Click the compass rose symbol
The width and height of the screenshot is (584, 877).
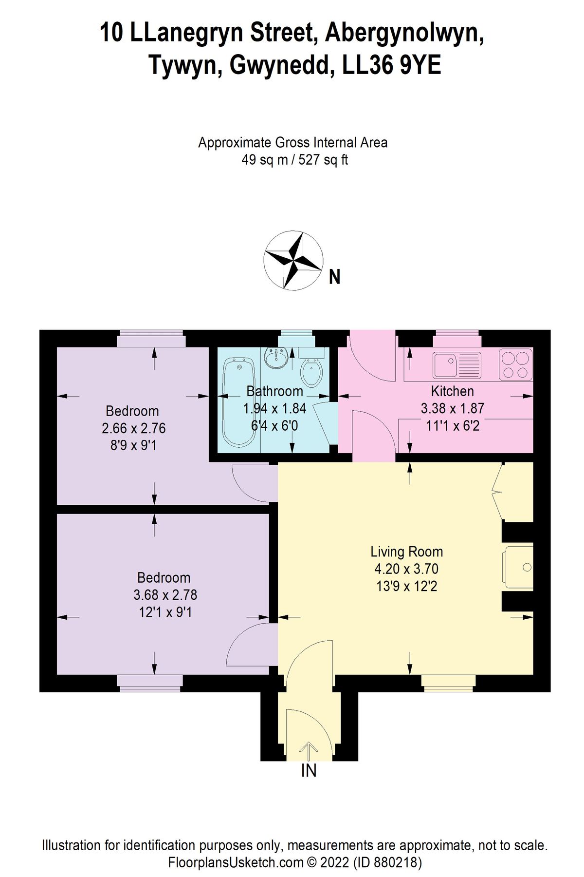point(293,260)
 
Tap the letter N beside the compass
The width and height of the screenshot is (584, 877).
point(334,277)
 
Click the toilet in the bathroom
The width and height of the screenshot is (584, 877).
point(311,369)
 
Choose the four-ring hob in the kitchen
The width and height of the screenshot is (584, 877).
point(516,364)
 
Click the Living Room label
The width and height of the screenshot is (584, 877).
point(406,552)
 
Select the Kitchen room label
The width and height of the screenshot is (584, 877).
point(452,391)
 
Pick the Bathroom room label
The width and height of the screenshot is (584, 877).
point(274,391)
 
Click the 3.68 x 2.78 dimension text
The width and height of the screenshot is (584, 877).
point(165,595)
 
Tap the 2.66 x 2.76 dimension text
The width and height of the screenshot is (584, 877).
point(133,428)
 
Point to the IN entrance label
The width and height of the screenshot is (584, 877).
point(309,771)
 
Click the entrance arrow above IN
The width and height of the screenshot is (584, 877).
point(309,750)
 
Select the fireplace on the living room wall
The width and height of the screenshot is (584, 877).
point(519,567)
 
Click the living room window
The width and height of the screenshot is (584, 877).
point(448,683)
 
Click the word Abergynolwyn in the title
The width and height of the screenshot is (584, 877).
point(404,33)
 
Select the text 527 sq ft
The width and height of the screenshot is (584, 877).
point(323,160)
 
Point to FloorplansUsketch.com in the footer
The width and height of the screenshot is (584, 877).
point(236,862)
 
